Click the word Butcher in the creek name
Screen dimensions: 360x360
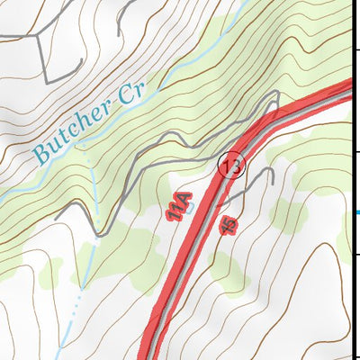point(76,130)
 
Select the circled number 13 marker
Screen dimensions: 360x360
point(232,165)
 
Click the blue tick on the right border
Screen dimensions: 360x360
point(357,212)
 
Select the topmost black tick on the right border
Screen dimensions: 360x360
point(357,48)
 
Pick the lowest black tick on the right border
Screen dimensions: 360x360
point(357,256)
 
